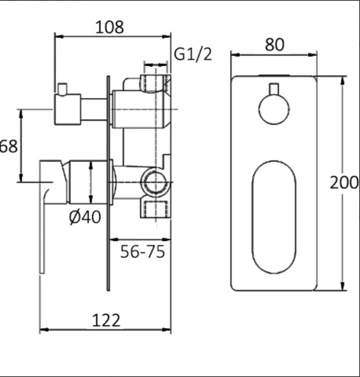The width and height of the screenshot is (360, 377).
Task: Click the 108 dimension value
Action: pos(110,27)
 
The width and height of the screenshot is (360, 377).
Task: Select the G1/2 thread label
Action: pos(193,54)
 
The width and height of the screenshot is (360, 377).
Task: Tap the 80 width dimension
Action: pos(274,45)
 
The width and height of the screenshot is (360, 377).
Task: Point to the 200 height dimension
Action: pos(344,183)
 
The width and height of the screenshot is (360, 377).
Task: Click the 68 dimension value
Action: pos(9,146)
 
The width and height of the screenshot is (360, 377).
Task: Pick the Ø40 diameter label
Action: pos(85,217)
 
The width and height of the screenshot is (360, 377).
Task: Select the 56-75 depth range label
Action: pos(142,252)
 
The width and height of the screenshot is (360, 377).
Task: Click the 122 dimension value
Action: pos(106,320)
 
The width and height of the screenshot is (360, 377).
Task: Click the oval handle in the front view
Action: pos(274,217)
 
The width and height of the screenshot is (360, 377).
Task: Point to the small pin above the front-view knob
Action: pos(274,89)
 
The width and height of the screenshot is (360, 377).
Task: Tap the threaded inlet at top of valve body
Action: pos(156,82)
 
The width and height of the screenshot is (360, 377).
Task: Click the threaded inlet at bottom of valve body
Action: pos(156,208)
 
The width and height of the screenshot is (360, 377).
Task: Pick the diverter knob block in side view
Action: pos(67,110)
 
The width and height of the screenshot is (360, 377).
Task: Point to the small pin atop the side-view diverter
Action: pos(62,88)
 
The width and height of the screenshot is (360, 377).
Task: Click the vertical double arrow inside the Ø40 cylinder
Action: pos(91,182)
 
